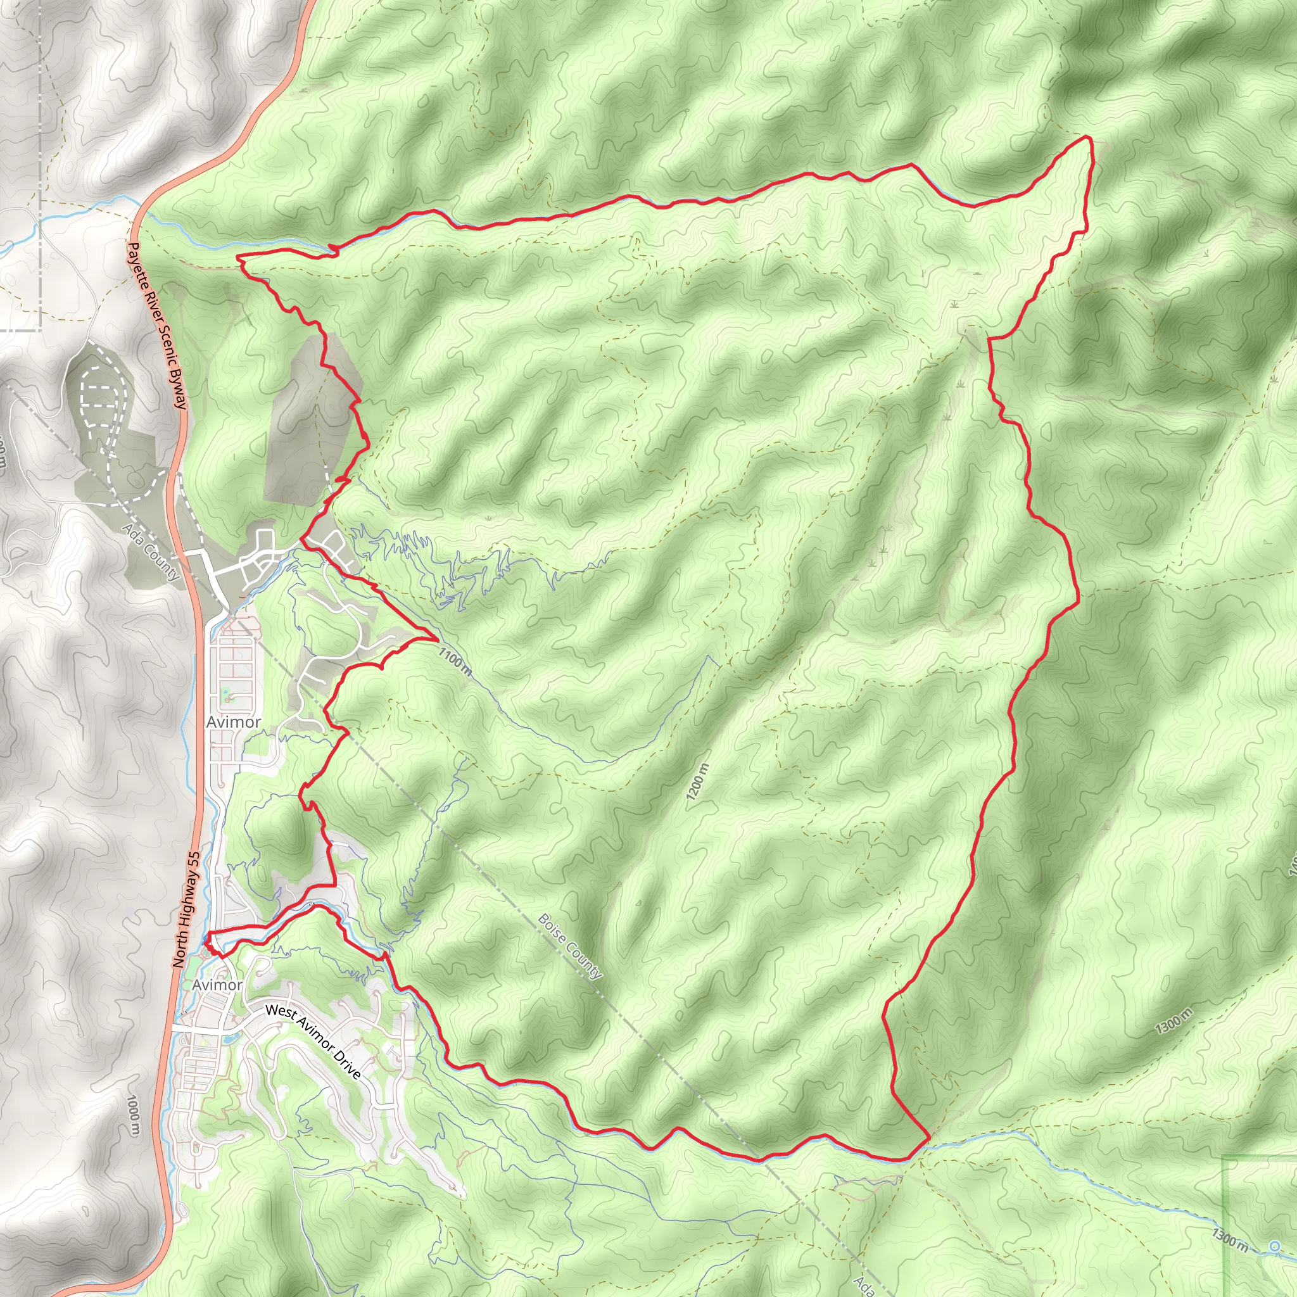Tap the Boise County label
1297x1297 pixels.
coord(570,946)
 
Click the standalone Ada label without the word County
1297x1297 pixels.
coord(864,1285)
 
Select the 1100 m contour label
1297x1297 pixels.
coord(455,660)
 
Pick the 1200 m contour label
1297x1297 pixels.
coord(697,781)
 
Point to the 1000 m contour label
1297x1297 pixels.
coord(134,1115)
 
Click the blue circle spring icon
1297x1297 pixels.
coord(1275,1246)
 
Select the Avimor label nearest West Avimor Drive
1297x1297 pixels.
coord(217,984)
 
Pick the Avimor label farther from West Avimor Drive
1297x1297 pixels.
coord(234,722)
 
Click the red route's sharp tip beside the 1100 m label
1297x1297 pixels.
coord(437,638)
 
